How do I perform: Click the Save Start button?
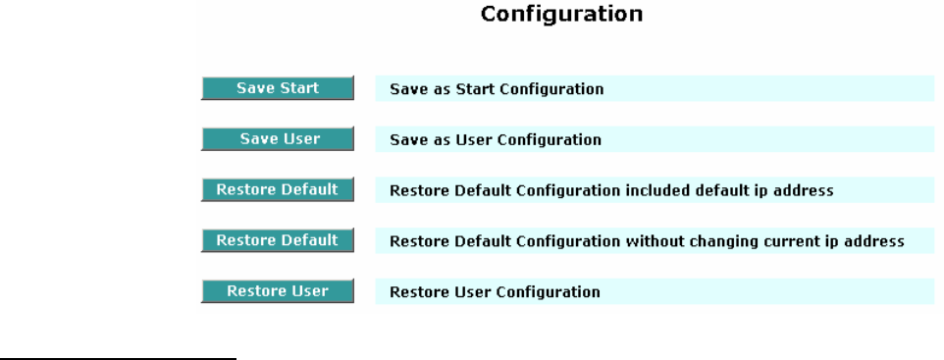(278, 88)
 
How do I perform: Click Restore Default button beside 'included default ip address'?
(278, 189)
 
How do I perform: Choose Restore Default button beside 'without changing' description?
(278, 240)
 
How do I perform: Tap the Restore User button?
(278, 290)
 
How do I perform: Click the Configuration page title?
(561, 15)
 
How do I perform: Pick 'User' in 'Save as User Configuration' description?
(472, 139)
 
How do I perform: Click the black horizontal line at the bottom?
(118, 359)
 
